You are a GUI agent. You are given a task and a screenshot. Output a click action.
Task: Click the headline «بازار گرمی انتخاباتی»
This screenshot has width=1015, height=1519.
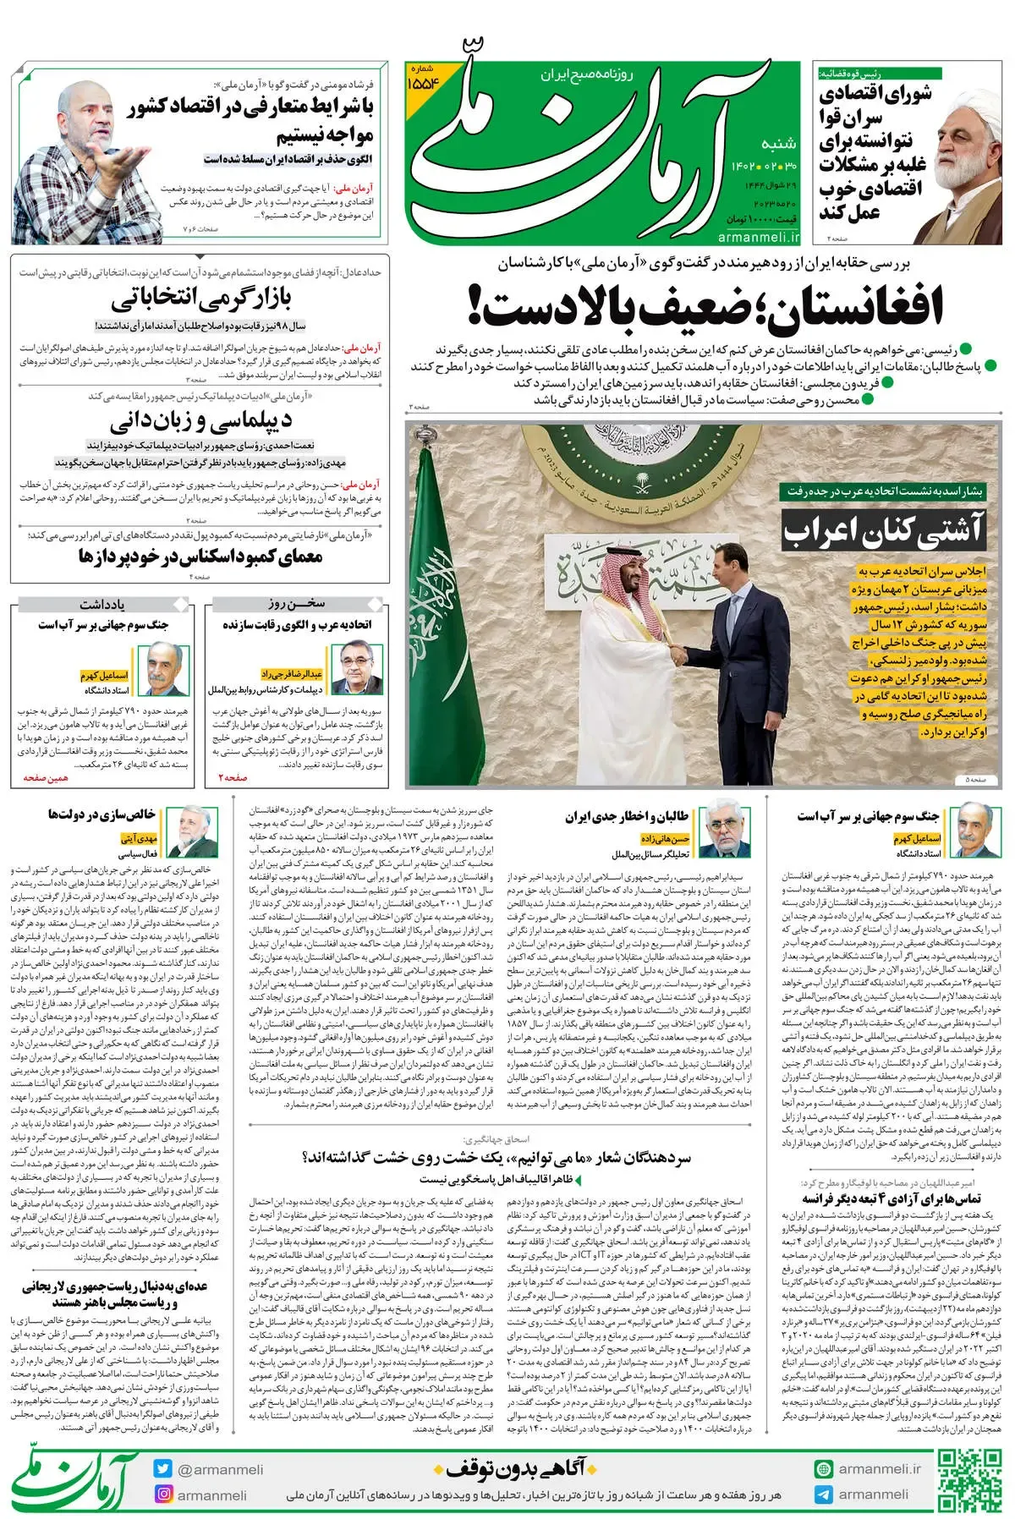click(201, 299)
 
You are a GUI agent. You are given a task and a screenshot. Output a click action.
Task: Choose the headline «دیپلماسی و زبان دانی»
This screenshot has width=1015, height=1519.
click(200, 420)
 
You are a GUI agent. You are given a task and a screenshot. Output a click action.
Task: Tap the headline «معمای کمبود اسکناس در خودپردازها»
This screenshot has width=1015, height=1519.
click(200, 556)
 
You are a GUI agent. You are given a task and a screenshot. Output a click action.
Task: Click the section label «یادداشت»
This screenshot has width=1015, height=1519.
click(102, 604)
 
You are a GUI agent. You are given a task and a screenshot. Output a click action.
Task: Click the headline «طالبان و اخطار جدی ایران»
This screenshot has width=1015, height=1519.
click(627, 816)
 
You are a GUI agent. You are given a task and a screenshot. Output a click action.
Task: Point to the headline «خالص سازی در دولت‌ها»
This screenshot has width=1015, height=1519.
click(101, 814)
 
